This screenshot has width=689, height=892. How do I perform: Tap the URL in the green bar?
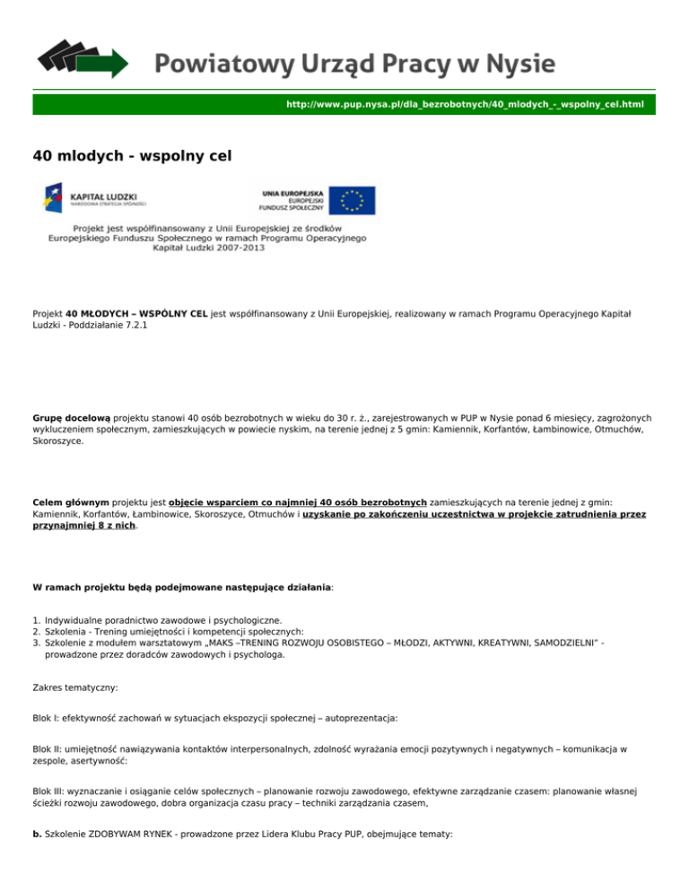point(465,105)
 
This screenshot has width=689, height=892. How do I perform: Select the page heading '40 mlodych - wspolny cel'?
point(132,156)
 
